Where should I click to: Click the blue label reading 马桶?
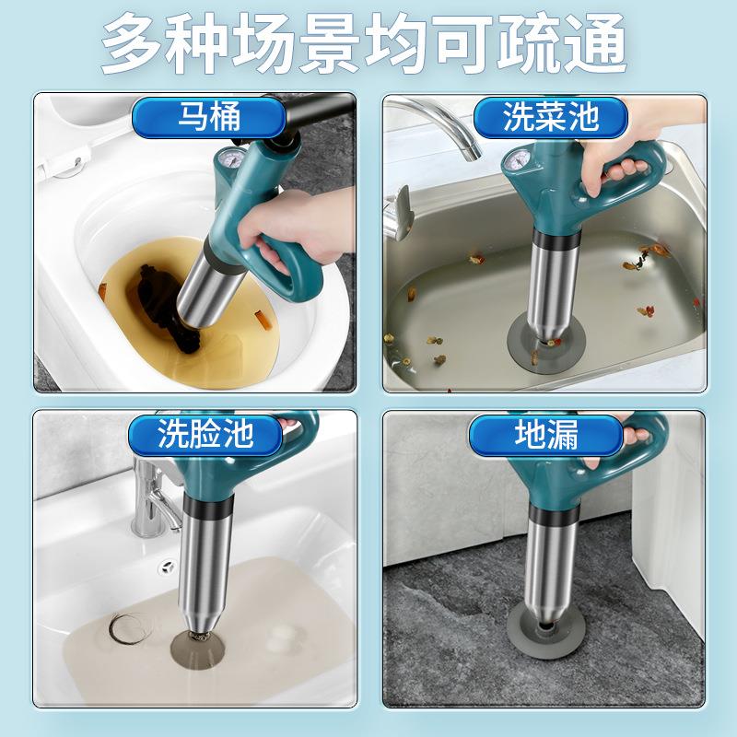point(209,117)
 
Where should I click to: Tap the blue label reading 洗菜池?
point(550,117)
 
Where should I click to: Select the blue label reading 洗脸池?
point(205,434)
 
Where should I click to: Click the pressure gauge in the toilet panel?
point(229,158)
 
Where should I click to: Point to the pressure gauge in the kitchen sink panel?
point(516,160)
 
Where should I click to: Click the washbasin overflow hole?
point(167,567)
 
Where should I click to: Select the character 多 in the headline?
point(135,43)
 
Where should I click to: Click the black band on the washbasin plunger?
point(208,505)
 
